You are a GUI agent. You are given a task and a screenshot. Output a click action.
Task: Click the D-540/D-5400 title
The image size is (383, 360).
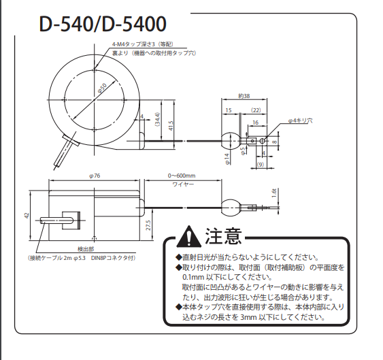click(103, 24)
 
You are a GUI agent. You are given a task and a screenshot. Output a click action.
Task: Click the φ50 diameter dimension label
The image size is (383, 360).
click(102, 88)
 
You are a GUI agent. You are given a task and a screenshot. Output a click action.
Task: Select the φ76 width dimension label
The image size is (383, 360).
click(95, 176)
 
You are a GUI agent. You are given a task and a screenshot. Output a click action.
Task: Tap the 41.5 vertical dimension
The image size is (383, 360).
click(171, 126)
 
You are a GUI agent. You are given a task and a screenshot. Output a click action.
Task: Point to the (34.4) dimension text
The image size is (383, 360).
click(157, 119)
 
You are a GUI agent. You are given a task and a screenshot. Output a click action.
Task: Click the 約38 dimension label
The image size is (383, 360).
click(244, 96)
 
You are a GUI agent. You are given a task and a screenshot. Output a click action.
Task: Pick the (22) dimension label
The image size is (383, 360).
click(256, 110)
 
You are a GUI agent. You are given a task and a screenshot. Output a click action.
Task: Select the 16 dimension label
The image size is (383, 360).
click(256, 122)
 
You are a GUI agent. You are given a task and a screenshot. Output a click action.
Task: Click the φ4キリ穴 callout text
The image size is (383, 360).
click(300, 120)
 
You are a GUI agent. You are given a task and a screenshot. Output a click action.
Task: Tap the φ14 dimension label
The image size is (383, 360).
click(227, 159)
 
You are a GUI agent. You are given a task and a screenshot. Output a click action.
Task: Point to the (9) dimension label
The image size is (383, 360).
click(261, 165)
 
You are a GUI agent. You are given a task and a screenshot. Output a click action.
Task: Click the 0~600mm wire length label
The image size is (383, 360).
click(182, 176)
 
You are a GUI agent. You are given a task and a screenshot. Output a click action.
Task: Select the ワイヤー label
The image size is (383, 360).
click(183, 184)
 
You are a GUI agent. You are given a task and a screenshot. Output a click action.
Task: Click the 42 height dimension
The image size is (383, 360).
click(27, 216)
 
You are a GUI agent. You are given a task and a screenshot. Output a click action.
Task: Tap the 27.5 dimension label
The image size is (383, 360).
click(149, 225)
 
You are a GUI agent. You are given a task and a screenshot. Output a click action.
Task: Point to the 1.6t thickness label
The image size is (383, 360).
click(274, 193)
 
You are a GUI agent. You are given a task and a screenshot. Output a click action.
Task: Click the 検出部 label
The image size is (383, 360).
click(86, 249)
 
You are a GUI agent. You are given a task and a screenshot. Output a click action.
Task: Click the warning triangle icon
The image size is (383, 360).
click(189, 236)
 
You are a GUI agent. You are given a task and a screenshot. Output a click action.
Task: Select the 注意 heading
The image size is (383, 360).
click(224, 236)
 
